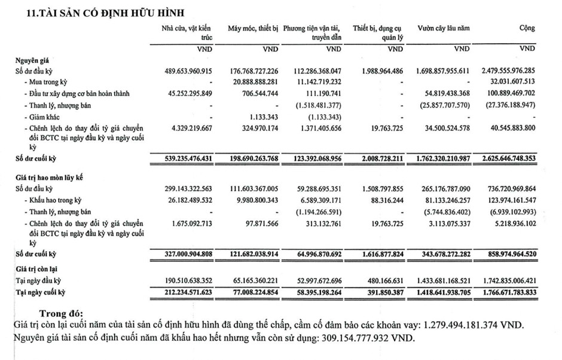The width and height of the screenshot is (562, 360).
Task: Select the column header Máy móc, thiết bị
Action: (x=253, y=29)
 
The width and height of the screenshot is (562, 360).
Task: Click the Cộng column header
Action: (x=527, y=29)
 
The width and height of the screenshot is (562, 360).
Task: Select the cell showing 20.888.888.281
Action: (x=253, y=82)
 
